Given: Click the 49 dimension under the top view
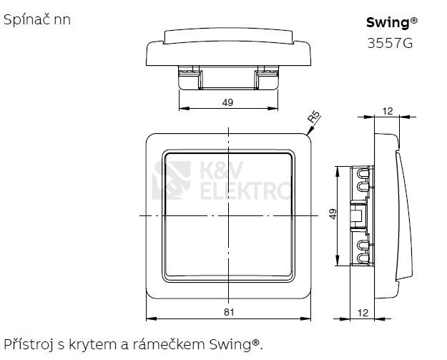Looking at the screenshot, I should coord(227,102).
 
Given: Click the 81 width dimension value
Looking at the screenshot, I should coord(227,311).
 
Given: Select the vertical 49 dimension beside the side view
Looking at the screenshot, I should coord(333,215).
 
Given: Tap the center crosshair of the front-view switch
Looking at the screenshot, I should coord(228,215).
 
